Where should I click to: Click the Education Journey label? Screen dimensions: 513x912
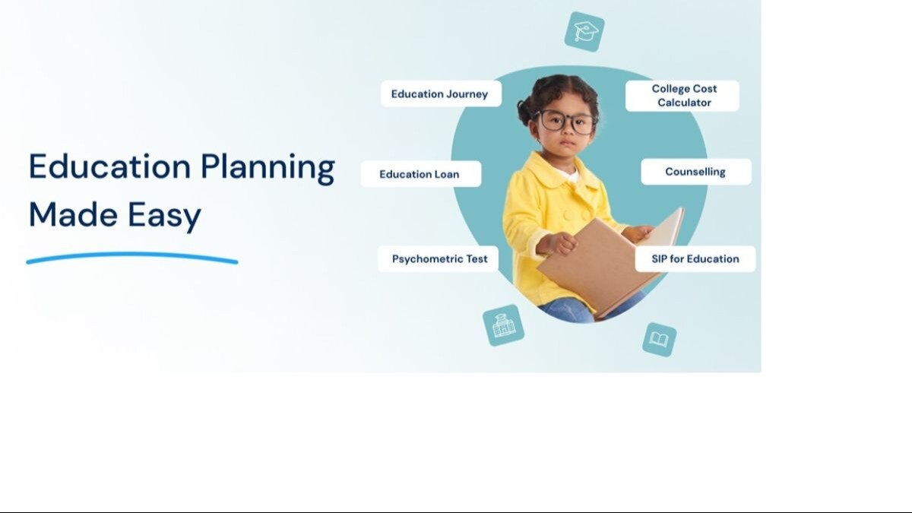440,94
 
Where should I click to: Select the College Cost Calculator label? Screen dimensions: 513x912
682,96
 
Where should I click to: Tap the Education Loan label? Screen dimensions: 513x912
420,174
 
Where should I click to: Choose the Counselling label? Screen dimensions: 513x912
695,172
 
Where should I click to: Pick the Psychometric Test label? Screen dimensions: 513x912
439,259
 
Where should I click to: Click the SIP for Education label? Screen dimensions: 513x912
695,259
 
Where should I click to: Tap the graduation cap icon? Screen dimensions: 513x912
584,32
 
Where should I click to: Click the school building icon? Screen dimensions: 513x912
503,325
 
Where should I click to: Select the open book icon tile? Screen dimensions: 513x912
658,339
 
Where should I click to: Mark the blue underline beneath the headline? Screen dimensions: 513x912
131,258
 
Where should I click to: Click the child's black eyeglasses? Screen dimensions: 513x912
566,122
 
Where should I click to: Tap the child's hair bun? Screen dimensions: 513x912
525,112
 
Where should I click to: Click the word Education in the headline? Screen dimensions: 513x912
109,168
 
